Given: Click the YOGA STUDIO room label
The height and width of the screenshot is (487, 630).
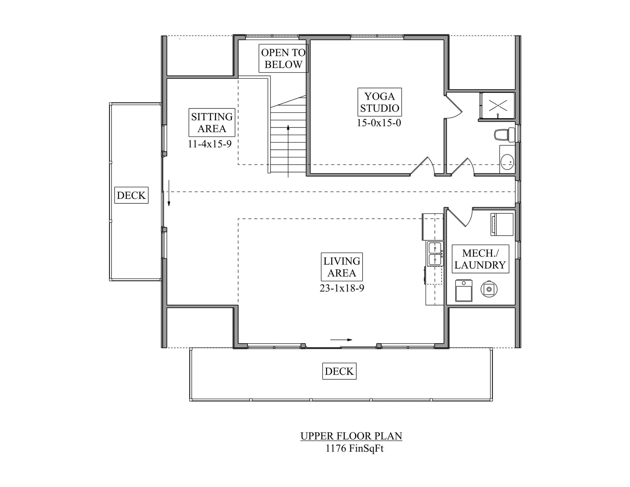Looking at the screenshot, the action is tap(380, 102).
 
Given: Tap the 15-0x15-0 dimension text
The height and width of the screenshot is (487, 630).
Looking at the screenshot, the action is tap(379, 123).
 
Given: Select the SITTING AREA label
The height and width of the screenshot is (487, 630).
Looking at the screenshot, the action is tap(212, 123).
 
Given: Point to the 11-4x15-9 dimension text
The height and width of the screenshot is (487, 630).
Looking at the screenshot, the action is tap(210, 144).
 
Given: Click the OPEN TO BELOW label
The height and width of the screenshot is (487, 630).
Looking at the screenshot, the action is tap(283, 58).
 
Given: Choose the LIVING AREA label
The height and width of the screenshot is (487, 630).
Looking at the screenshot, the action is tap(342, 267).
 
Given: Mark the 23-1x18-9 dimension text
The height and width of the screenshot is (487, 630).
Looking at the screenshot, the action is tap(342, 288).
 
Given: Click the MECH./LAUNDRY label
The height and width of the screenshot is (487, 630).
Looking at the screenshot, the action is tap(480, 259).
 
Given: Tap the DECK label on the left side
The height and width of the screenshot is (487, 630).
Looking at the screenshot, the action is tap(131, 195).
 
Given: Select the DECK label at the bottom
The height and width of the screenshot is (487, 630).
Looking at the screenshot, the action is tap(339, 371).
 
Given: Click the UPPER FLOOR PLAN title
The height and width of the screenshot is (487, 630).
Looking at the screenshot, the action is tap(351, 436).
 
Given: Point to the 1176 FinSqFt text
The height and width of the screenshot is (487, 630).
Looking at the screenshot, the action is tap(354, 448).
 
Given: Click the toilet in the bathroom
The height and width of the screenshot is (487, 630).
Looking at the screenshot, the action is tap(502, 135).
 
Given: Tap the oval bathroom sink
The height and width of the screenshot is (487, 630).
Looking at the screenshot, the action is tap(507, 162).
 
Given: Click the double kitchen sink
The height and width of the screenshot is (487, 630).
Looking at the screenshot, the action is tap(435, 254).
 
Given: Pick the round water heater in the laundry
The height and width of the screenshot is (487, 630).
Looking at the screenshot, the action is tap(489, 289).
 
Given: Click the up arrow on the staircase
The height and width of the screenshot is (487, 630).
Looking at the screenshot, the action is tap(288, 151).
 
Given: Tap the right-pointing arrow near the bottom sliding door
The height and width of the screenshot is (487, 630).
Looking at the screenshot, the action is tap(341, 340).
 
